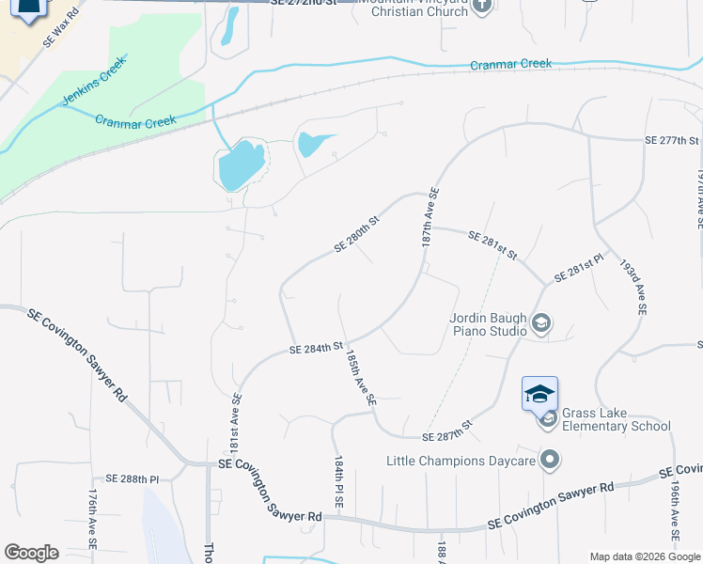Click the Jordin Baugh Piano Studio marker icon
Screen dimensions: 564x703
click(540, 324)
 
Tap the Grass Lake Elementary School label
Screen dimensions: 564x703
click(616, 419)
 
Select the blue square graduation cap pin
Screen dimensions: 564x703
click(539, 393)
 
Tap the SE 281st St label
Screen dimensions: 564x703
click(492, 245)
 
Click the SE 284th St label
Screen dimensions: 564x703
click(316, 349)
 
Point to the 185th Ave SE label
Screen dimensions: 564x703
click(360, 379)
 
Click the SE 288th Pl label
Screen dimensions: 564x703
click(133, 478)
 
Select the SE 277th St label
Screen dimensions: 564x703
click(672, 140)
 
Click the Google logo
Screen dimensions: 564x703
click(31, 553)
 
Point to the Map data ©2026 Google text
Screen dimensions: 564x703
click(645, 556)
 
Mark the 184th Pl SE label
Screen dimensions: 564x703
click(338, 483)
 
